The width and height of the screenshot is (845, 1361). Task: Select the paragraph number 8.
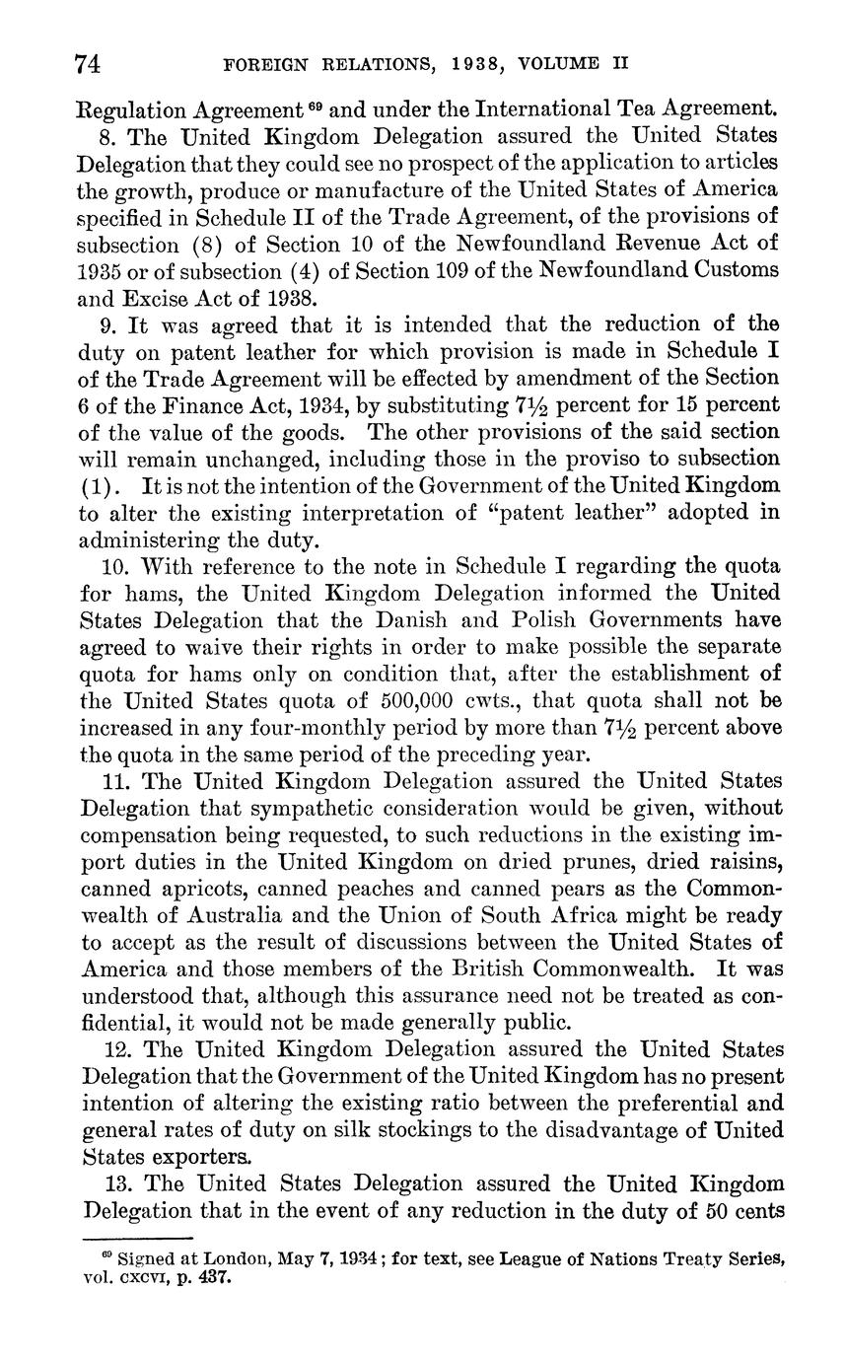pos(108,134)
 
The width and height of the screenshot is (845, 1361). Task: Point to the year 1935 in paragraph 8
pos(101,269)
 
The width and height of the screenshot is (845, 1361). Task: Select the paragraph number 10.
pos(114,566)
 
